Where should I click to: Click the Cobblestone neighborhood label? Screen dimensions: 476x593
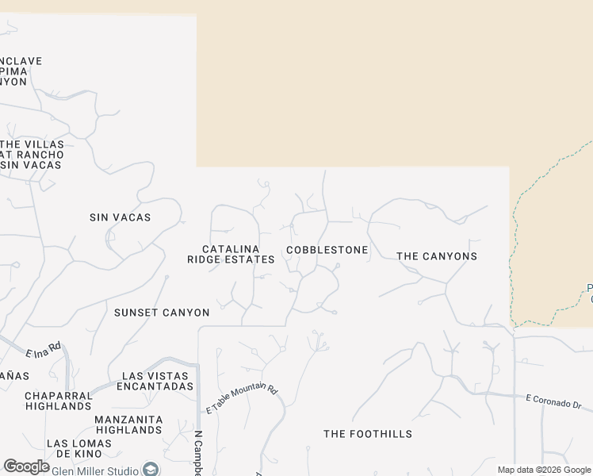(327, 250)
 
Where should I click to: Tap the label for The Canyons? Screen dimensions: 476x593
(437, 256)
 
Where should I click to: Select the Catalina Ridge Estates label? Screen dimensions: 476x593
(231, 254)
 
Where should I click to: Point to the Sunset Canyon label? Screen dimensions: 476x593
(162, 313)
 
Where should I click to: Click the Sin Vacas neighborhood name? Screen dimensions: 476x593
(120, 217)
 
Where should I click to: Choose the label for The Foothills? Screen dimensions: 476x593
(368, 434)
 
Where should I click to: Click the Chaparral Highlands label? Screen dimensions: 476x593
(58, 401)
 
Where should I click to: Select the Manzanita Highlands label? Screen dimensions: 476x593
(128, 424)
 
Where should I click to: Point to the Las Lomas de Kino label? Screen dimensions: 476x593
(74, 448)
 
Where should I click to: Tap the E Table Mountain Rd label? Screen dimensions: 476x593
(242, 400)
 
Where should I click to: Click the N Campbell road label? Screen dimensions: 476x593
(197, 453)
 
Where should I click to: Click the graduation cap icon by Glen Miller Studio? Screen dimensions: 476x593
(148, 470)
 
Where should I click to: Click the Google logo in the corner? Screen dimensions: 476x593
(26, 466)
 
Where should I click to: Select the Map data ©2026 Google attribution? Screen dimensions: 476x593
(544, 470)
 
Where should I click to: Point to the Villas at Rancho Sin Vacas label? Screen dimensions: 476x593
(31, 154)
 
